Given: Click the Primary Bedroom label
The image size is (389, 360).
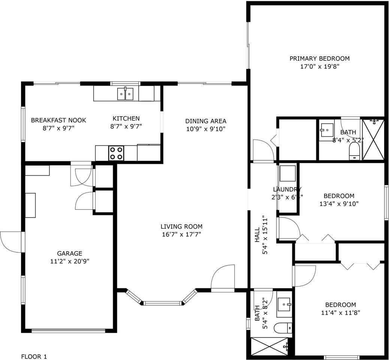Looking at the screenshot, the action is pos(320,58).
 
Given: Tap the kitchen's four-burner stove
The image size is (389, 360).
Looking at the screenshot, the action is pos(116,153).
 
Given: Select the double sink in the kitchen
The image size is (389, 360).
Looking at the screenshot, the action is pos(125,94).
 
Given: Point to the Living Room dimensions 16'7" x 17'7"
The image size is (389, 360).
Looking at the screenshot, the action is pos(182,234).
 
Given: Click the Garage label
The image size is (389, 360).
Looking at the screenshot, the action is pos(69,253).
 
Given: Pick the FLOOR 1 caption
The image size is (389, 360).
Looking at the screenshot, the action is pos(34,357).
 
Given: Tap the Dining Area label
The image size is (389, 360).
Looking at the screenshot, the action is pos(206,121).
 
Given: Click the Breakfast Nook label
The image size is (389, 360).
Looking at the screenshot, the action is pos(58,120).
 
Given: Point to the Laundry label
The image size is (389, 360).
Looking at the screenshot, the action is pos(287,189).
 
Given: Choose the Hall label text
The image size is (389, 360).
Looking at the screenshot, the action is pos(257,235).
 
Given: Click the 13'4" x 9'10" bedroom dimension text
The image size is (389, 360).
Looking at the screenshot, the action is pos(339,204).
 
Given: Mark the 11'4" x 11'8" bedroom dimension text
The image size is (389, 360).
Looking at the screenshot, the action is pos(340,313).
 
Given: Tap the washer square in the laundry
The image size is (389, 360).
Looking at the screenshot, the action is pos(288,173).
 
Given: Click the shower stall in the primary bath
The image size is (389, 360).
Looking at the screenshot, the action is pos(373,139).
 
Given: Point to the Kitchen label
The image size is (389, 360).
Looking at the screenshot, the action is pos(126,118).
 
